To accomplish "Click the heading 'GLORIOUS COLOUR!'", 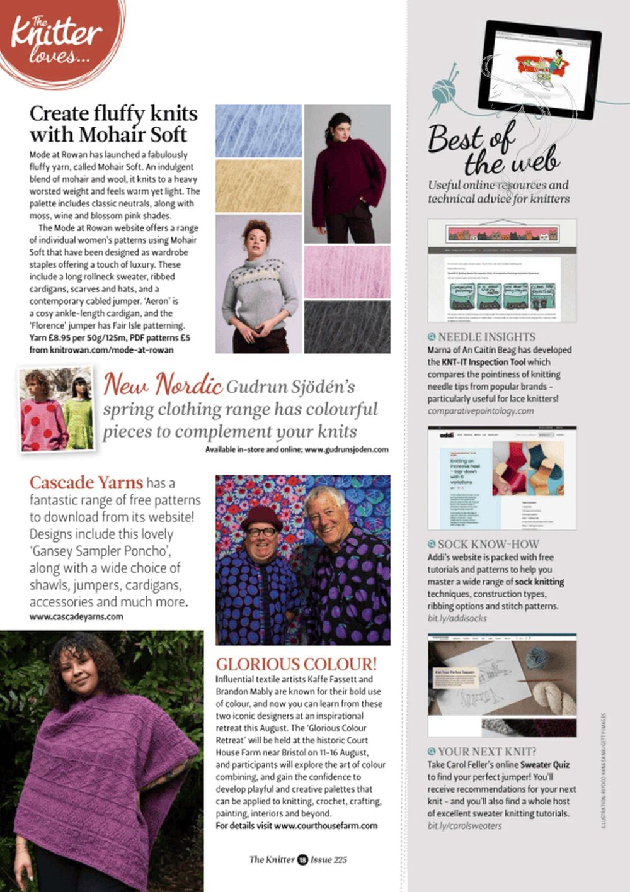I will (296, 664).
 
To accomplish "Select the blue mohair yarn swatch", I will (259, 131).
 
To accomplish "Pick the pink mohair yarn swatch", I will (347, 271).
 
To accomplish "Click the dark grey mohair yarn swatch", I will (347, 326).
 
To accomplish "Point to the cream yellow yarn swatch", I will (259, 186).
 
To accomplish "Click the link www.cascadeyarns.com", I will (76, 617).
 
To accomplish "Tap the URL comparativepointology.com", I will (480, 411).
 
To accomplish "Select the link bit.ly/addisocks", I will (457, 618).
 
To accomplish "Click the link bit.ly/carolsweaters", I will (464, 826).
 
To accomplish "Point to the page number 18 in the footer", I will (302, 859).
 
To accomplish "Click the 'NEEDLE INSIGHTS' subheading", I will (486, 337).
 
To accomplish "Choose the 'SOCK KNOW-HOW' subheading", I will (488, 544).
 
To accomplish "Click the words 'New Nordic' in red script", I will (163, 384).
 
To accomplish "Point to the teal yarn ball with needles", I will (447, 91).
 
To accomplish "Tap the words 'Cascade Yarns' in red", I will (86, 483).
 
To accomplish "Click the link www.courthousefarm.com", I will (326, 825).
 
